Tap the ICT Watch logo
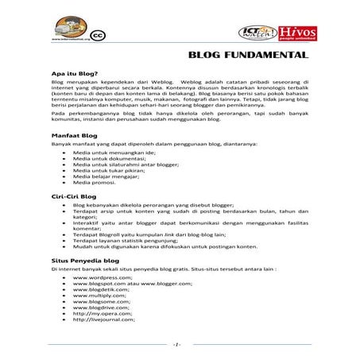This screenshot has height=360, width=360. point(261,33)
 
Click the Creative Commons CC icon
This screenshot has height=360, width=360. point(99,35)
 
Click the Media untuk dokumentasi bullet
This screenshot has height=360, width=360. point(109,157)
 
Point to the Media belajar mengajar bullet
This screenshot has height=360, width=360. point(106,176)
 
